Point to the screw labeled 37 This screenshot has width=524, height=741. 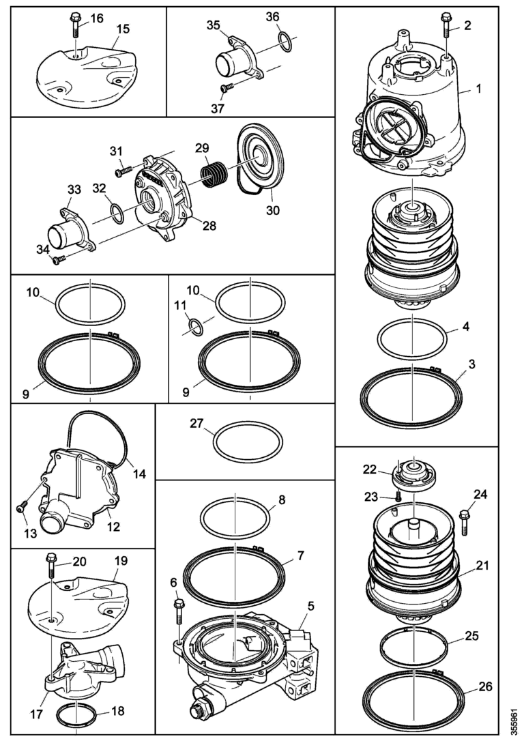[x=227, y=87]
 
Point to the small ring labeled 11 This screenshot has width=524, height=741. [x=195, y=327]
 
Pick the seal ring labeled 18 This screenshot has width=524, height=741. [x=76, y=714]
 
